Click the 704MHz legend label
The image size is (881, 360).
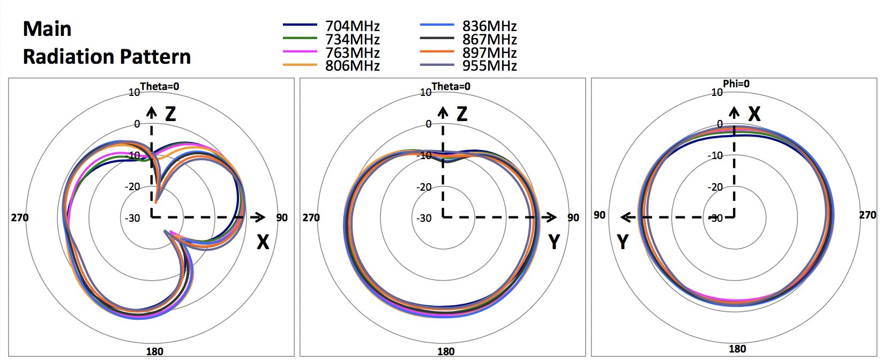point(353,26)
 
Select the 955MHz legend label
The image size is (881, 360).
point(489,66)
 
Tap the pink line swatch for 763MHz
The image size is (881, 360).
point(300,51)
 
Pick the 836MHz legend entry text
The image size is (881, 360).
point(489,26)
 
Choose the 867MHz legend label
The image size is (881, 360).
point(489,39)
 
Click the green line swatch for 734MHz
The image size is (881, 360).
point(300,38)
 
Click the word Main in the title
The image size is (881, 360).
point(47,29)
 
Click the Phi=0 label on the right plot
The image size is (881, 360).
point(736,84)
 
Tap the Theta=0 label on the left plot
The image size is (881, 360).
point(160,86)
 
